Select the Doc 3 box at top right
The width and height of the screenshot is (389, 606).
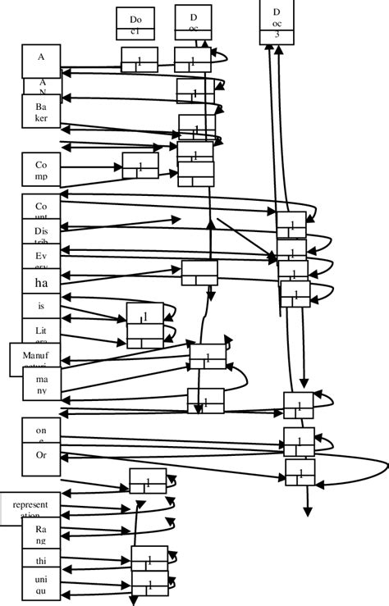(x=278, y=21)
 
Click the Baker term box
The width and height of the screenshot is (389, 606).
(x=42, y=112)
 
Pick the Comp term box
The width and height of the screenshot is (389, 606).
(x=42, y=171)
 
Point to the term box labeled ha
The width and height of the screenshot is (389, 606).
(x=42, y=283)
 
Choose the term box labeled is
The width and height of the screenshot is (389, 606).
(x=42, y=306)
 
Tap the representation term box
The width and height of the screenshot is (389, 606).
(x=30, y=508)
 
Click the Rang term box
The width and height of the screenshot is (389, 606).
(x=42, y=535)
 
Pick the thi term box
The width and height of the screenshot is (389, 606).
(x=42, y=562)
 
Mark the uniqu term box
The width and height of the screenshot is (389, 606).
(x=42, y=586)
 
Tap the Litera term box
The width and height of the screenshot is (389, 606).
(x=42, y=332)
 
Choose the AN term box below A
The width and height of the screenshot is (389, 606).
(x=42, y=86)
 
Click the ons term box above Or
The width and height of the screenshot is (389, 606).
(x=42, y=430)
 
